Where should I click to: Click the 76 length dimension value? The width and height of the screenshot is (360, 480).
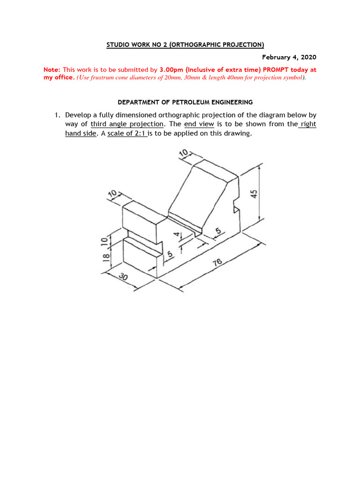217,263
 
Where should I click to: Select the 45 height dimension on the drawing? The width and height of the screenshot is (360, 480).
254,194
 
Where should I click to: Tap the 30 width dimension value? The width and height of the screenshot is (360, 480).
123,277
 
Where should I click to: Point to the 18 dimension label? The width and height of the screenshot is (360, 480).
106,256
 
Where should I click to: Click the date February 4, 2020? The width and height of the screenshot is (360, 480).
289,57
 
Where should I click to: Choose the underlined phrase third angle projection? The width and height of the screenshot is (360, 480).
127,124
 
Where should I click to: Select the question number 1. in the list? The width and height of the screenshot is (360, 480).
57,115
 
